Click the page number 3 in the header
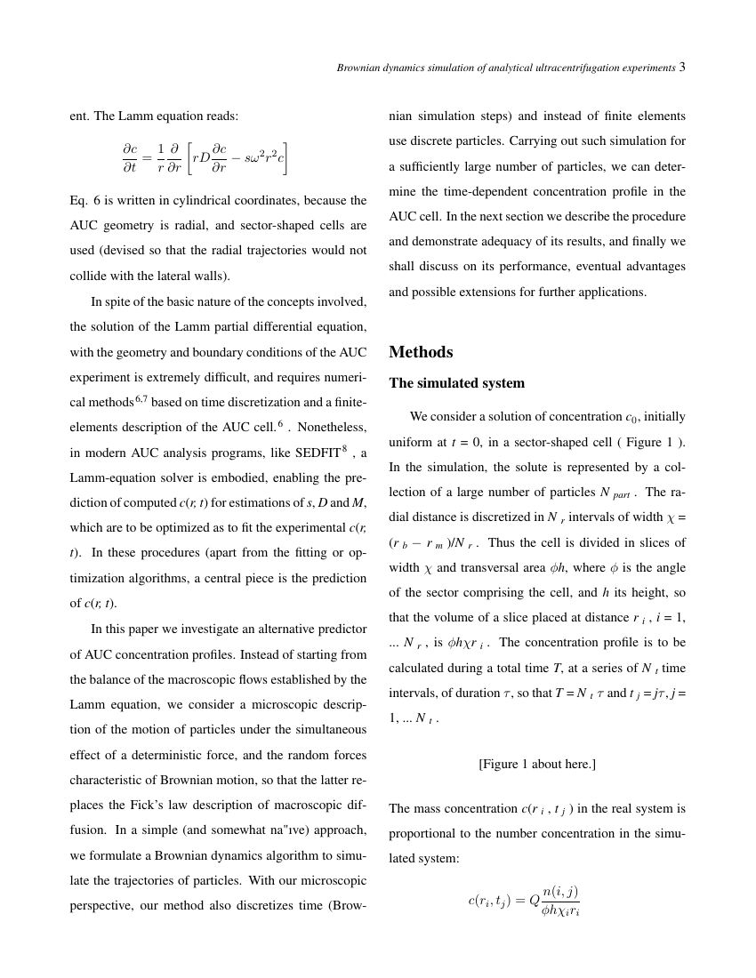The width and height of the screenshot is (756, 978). pos(682,67)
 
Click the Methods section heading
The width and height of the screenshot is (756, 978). pos(421,352)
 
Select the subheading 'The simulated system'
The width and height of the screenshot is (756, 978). pos(456,383)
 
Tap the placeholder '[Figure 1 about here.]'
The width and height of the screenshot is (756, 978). pos(536,764)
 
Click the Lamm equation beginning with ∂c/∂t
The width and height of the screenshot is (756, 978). pos(205,158)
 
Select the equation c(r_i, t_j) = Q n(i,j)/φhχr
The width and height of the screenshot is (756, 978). pos(524,900)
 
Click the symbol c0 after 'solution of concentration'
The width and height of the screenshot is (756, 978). pos(631,417)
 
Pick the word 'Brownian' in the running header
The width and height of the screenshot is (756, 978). pos(359,68)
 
